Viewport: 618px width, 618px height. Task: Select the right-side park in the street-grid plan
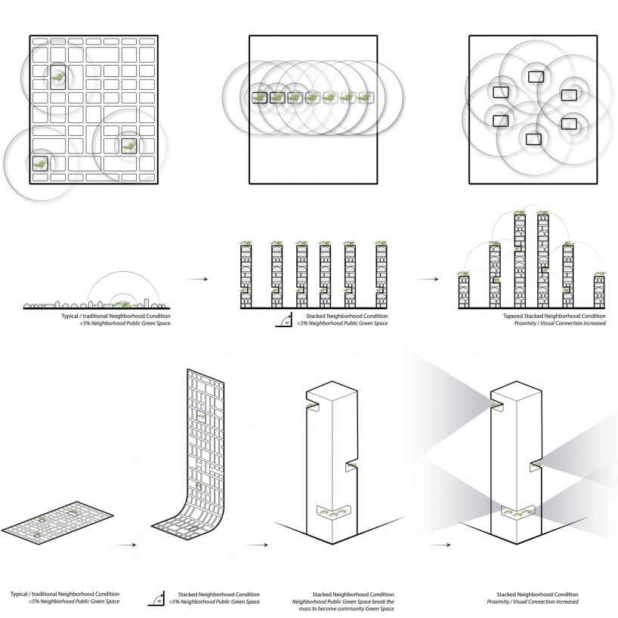[129, 145]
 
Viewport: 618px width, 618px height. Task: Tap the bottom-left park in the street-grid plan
[38, 161]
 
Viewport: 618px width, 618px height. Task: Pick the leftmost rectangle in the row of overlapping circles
[260, 97]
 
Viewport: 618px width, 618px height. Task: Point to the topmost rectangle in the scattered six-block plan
[536, 76]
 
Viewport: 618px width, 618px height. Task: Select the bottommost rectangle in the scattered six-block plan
[533, 138]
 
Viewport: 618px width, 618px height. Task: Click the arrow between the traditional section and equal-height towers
[197, 280]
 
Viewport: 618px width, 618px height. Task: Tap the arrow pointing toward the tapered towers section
[428, 280]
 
